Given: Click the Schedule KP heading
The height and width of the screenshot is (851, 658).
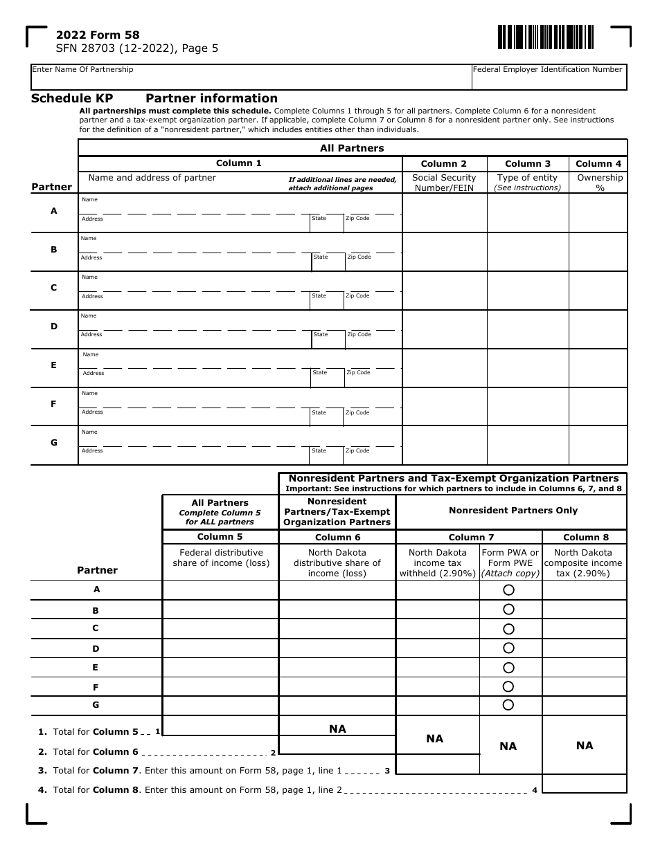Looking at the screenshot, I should pyautogui.click(x=72, y=98).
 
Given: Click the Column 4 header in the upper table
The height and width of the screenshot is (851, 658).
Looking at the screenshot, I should pyautogui.click(x=598, y=164).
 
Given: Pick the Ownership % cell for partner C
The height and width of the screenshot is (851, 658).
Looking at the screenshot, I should pyautogui.click(x=598, y=290).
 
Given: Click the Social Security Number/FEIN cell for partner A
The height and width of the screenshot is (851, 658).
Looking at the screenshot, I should pyautogui.click(x=445, y=212).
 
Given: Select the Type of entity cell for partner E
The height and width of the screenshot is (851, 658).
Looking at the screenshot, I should pyautogui.click(x=528, y=367).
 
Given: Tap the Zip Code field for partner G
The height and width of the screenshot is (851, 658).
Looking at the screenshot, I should pyautogui.click(x=373, y=455).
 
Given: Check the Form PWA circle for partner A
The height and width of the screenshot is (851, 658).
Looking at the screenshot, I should pyautogui.click(x=508, y=590).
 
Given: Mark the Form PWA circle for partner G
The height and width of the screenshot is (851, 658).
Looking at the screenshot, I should pyautogui.click(x=508, y=705).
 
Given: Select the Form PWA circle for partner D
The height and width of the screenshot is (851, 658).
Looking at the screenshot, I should pyautogui.click(x=508, y=648).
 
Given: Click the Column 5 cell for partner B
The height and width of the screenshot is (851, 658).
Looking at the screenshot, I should pyautogui.click(x=220, y=610).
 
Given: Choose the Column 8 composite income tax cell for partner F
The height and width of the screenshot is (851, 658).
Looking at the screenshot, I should pyautogui.click(x=584, y=686).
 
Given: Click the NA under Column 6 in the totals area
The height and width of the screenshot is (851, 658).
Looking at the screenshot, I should pyautogui.click(x=337, y=729).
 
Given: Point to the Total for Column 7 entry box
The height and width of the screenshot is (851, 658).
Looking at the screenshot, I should pyautogui.click(x=437, y=765).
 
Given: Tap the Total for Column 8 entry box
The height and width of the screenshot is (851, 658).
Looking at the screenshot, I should pyautogui.click(x=584, y=784).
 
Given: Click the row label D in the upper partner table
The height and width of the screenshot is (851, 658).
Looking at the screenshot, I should pyautogui.click(x=54, y=327).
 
